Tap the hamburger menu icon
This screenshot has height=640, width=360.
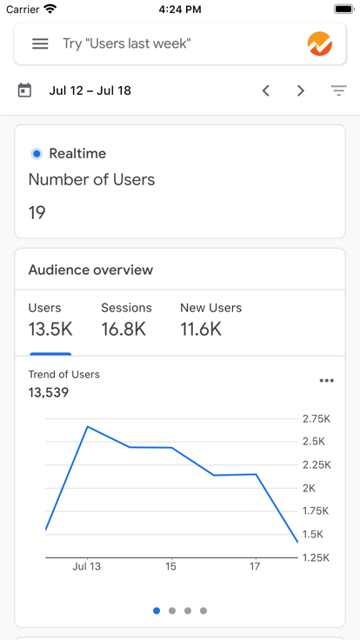point(40,43)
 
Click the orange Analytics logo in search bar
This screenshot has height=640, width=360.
point(320,43)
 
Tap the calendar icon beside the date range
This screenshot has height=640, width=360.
point(24,90)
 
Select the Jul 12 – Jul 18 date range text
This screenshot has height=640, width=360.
point(90,90)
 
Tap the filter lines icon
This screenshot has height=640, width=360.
point(338,90)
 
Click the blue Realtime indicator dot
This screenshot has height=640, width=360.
point(37,154)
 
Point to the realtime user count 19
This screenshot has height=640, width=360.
point(37,212)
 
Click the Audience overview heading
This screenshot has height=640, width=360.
point(90,270)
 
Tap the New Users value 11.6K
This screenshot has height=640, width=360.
point(201,329)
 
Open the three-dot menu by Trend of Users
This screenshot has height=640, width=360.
point(326,380)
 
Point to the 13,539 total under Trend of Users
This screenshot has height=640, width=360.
point(49,392)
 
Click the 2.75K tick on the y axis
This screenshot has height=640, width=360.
point(315,418)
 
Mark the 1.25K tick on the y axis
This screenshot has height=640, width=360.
point(315,557)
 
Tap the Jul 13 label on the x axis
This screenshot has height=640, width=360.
point(86,566)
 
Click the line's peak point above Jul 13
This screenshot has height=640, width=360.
point(88,426)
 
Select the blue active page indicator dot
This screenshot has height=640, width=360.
point(157,610)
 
